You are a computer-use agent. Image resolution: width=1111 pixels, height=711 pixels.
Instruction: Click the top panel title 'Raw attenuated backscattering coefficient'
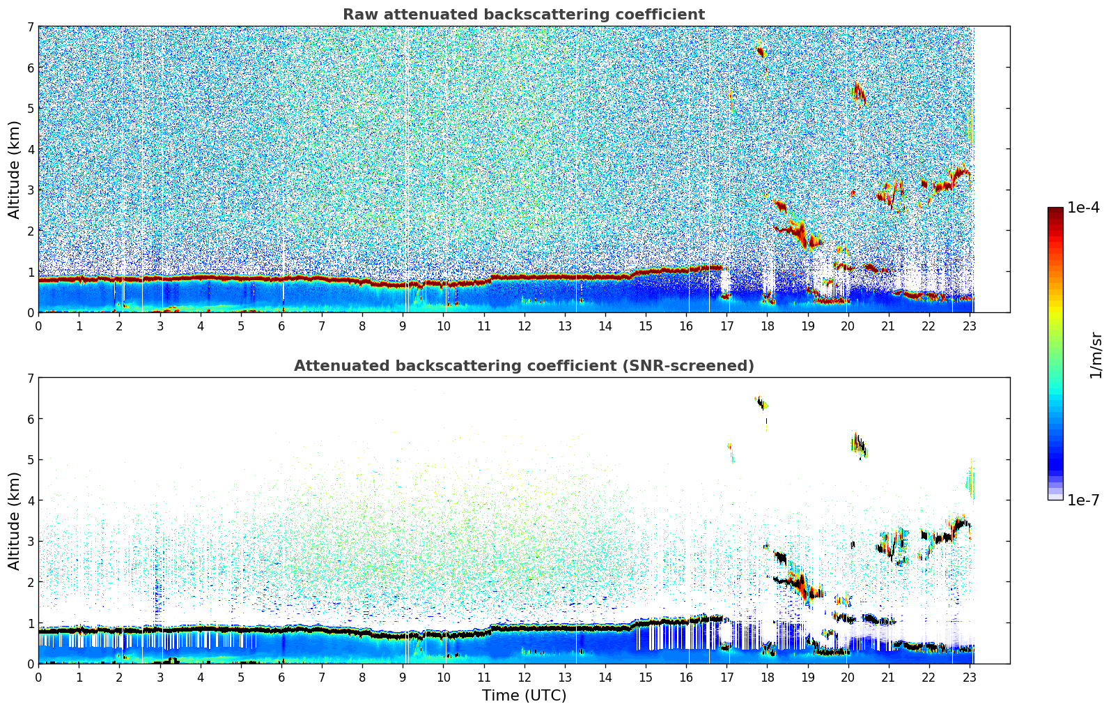523,15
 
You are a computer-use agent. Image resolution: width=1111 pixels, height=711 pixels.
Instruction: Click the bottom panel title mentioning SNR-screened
523,366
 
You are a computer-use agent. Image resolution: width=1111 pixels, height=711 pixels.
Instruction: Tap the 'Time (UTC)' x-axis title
524,695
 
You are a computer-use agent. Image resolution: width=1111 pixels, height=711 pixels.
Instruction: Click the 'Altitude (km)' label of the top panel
15,169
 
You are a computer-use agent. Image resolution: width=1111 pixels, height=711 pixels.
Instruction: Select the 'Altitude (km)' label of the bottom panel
15,521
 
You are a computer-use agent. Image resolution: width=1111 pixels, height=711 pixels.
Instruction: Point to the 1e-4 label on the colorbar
1083,208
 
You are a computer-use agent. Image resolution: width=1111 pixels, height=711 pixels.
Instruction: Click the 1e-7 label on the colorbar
1083,500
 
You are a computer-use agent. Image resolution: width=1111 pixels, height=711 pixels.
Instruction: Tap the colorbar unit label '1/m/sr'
1096,355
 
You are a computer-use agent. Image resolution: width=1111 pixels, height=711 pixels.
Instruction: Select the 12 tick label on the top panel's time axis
524,326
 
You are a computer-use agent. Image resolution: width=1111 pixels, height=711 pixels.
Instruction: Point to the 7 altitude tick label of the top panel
30,27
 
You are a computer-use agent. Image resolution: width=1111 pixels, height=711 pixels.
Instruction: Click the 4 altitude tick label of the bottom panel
30,500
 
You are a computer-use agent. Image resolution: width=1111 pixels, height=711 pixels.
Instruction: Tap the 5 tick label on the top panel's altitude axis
30,109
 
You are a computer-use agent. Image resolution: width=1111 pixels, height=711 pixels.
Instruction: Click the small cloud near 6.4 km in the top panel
761,51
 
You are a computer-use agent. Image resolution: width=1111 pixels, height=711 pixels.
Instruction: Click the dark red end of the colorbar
1055,212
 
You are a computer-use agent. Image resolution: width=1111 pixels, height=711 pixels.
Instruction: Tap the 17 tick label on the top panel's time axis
727,326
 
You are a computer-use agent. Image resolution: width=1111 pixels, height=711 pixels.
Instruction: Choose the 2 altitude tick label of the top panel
30,231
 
